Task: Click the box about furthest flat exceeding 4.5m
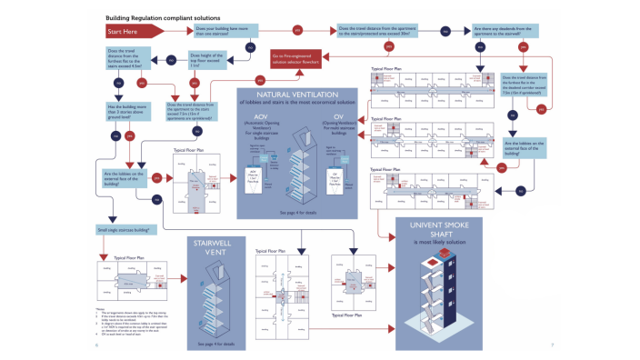(127, 57)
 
